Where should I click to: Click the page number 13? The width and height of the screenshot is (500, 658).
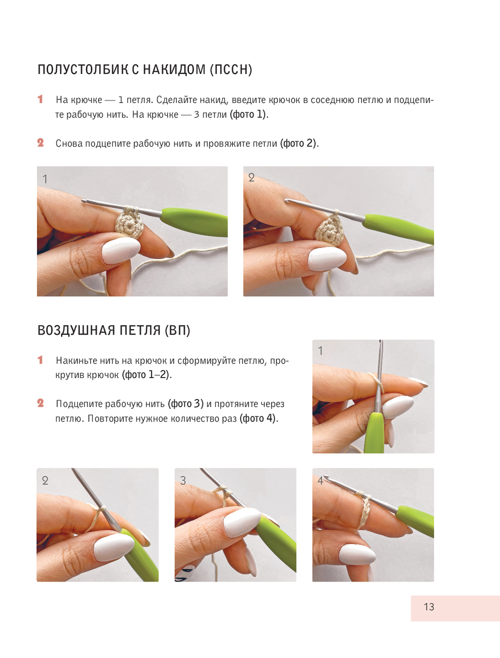point(428,606)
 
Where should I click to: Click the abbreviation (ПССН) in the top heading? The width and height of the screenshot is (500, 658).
point(231,69)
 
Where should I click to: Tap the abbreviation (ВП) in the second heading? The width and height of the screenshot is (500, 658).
point(177,330)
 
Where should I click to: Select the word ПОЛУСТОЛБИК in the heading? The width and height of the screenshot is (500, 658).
point(83,69)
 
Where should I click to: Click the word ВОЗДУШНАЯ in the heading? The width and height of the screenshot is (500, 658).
point(76,330)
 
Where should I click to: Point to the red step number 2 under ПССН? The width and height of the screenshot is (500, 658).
point(40,142)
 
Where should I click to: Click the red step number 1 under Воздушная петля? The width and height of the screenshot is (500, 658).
point(40,359)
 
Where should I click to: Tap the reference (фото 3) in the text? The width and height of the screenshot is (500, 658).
point(185,404)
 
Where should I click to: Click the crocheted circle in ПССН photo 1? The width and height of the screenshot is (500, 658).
point(129,223)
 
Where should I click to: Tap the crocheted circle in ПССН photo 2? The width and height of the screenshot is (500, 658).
point(329,230)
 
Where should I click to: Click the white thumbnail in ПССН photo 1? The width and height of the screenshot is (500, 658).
point(121,250)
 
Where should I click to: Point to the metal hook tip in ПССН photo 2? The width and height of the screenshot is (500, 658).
point(287,200)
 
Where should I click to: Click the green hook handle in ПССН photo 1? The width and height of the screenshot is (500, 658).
point(194,222)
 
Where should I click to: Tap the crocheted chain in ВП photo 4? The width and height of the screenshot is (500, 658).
point(364,509)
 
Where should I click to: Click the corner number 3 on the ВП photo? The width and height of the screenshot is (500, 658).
point(183,480)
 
